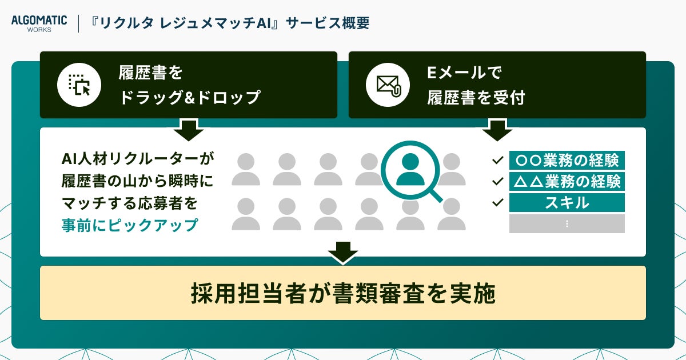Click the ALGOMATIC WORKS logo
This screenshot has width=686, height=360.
(x=39, y=23)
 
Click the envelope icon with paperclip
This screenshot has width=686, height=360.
(x=388, y=85)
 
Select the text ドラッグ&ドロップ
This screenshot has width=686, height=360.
(x=189, y=98)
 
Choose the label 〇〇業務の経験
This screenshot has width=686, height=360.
(x=567, y=160)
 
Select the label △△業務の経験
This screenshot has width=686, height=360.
(x=567, y=182)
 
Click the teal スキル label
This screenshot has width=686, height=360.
(x=567, y=203)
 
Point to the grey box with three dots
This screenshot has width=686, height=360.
(x=567, y=224)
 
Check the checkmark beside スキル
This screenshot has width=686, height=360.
(x=497, y=202)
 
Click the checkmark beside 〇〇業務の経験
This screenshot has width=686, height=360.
(x=497, y=160)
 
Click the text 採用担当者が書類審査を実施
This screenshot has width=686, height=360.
(x=342, y=293)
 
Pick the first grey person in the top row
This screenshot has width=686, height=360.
(x=246, y=169)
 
